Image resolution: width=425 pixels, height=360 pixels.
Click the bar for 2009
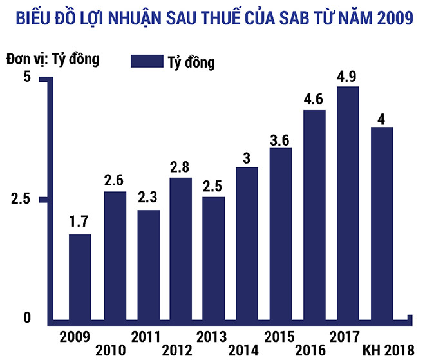pyautogui.click(x=80, y=277)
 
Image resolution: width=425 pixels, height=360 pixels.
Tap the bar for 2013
pyautogui.click(x=213, y=258)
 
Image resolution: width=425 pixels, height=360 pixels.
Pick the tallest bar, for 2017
pyautogui.click(x=348, y=203)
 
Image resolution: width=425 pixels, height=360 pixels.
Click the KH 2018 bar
pyautogui.click(x=381, y=223)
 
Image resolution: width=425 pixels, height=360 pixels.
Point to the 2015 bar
pyautogui.click(x=281, y=234)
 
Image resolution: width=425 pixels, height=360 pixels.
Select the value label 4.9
pyautogui.click(x=348, y=77)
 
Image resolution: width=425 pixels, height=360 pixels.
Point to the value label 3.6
pyautogui.click(x=281, y=138)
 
